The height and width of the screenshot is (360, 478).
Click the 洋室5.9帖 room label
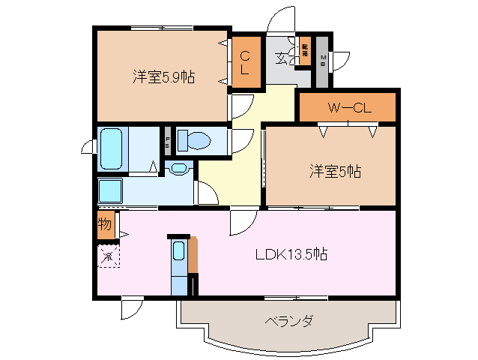[163, 76]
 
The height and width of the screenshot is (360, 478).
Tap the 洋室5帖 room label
[336, 171]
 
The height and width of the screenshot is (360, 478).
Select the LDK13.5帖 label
[289, 253]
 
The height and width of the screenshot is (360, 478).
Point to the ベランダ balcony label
[288, 322]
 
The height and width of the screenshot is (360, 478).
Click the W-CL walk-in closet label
[348, 108]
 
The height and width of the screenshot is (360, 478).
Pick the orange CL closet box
[245, 62]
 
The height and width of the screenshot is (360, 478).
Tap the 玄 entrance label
[281, 58]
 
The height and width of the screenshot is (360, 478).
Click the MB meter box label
[323, 61]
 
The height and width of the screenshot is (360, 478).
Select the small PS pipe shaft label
[167, 140]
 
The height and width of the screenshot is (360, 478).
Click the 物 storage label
[105, 224]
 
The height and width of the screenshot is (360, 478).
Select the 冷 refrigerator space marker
[107, 256]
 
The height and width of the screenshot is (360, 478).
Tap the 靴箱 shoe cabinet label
[305, 52]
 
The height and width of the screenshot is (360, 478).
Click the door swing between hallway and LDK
[243, 220]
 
